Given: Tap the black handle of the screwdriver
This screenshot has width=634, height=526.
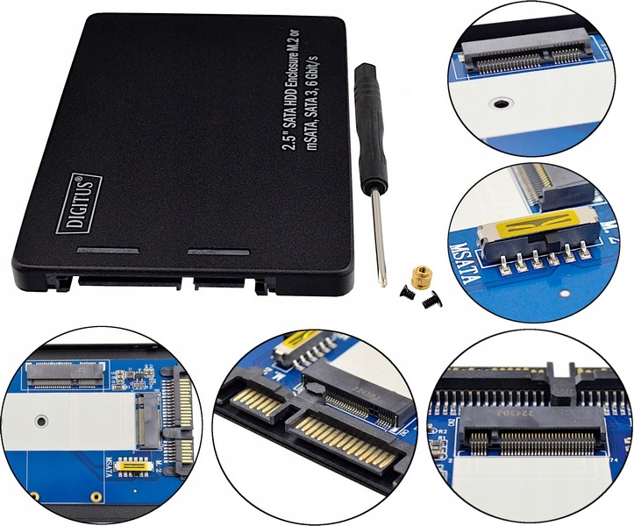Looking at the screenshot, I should coord(368,124).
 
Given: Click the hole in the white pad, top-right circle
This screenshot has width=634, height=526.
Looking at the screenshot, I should coord(500,103).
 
